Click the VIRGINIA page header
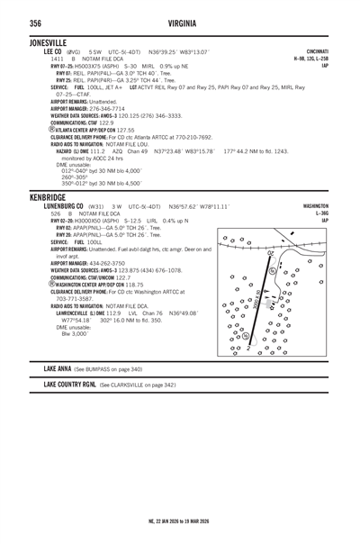[181, 23]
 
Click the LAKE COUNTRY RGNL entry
[70, 384]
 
